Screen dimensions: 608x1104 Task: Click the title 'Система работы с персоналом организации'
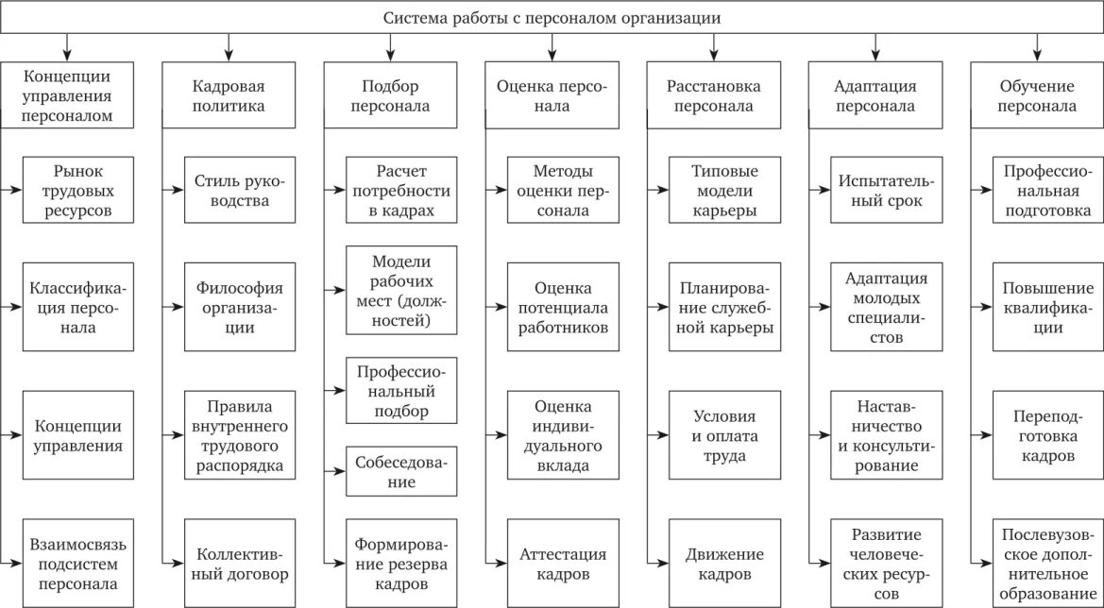coord(552,18)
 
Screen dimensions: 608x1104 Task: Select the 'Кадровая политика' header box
coord(229,95)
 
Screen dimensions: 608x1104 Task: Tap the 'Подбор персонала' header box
coord(390,95)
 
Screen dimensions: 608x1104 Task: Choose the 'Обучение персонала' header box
coord(1038,95)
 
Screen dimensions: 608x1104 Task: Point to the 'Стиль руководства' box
coord(231,190)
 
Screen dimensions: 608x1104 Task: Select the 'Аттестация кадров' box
coord(562,564)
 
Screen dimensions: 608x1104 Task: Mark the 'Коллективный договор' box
coord(231,564)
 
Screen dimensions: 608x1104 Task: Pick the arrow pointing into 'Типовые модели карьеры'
coord(657,190)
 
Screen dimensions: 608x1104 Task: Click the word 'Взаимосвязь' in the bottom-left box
coord(78,544)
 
